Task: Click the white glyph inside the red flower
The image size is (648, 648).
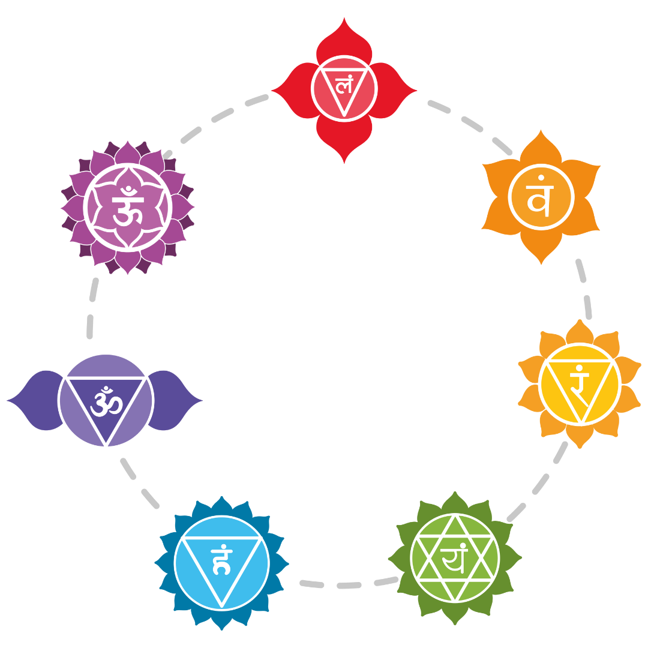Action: click(344, 86)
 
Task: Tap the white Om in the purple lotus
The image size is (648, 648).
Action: click(127, 207)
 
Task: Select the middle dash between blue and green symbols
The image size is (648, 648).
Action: click(349, 585)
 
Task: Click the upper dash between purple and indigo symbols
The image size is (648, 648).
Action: click(94, 289)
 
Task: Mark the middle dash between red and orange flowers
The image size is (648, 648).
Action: click(472, 124)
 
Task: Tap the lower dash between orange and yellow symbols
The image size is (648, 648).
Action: click(587, 307)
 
